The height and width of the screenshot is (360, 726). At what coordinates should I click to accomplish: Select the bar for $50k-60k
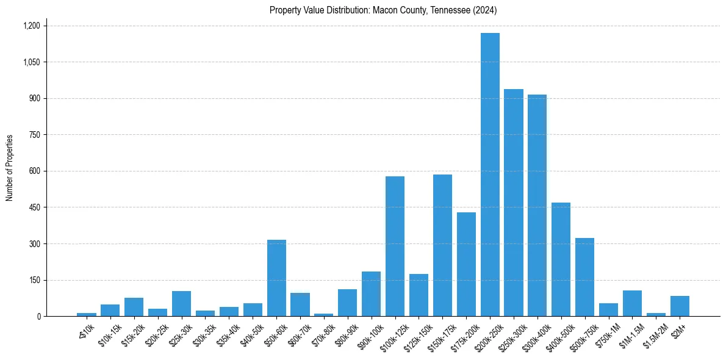276,278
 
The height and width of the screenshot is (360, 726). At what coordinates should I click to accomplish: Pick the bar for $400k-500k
561,259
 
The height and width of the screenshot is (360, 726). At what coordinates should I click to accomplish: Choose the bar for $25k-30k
181,304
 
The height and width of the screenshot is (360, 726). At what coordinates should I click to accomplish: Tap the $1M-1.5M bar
632,303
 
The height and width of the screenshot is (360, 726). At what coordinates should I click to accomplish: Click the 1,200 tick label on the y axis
31,26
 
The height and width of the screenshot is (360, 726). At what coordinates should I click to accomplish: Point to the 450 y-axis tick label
34,207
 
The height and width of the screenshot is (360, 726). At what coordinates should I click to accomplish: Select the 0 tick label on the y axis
38,317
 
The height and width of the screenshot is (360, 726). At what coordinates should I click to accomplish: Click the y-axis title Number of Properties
10,168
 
